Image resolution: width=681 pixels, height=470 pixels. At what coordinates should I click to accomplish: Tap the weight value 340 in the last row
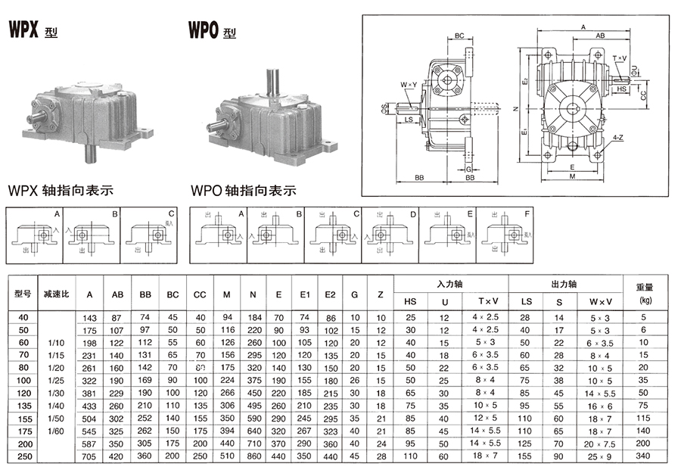coord(644,456)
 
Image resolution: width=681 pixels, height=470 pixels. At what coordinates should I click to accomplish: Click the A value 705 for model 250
coord(90,456)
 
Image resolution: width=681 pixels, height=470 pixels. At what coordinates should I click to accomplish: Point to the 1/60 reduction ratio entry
coord(55,431)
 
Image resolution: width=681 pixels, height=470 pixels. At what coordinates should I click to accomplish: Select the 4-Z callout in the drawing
coord(618,138)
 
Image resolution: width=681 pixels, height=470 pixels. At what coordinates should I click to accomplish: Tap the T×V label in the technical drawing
coord(620,59)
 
